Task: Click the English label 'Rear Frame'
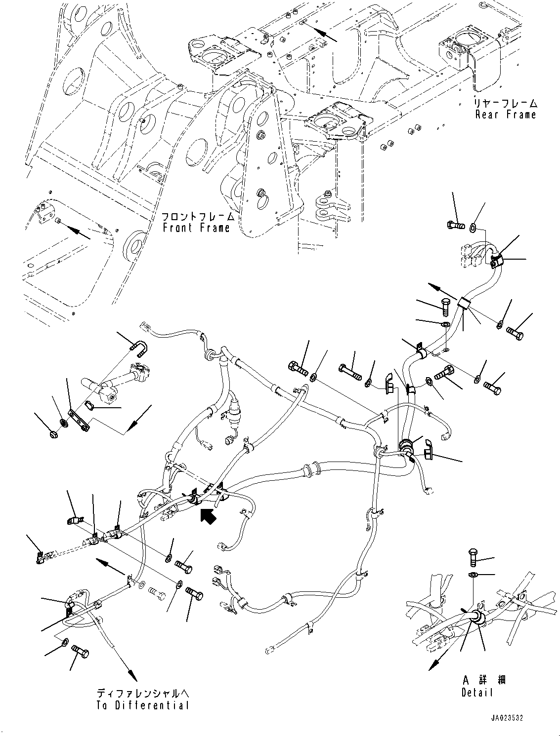505,115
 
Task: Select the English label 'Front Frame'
197,228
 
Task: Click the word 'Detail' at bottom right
477,693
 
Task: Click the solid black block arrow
208,517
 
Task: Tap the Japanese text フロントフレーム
196,216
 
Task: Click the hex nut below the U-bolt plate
54,434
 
